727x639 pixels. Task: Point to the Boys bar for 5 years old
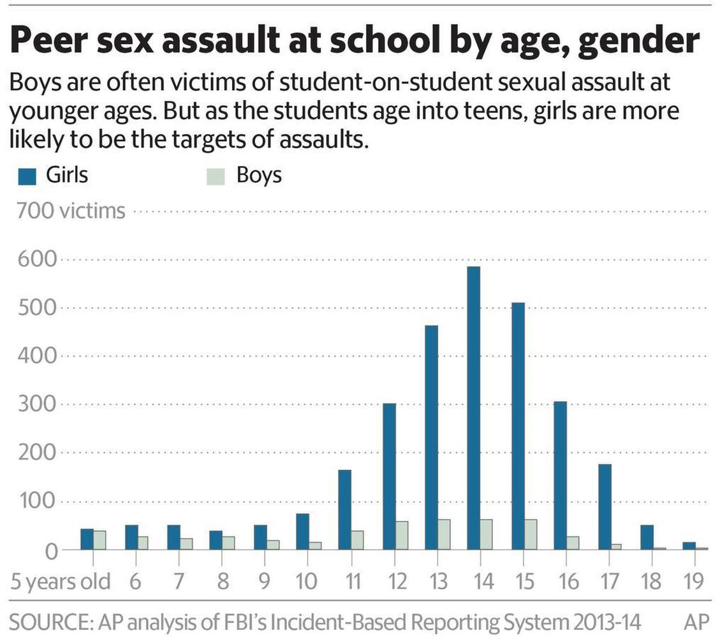point(99,539)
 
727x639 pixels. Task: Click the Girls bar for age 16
point(560,475)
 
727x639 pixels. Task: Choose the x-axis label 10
point(307,581)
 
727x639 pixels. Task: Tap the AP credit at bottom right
point(696,622)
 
